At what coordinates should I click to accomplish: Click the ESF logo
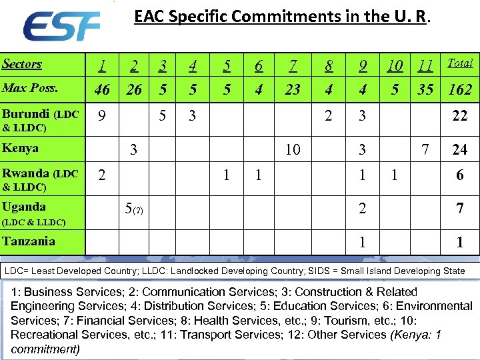point(61,27)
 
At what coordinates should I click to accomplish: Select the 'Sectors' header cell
point(22,64)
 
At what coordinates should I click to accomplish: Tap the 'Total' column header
point(460,63)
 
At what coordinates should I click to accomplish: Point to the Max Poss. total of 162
point(460,89)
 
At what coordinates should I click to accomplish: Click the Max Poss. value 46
point(102,89)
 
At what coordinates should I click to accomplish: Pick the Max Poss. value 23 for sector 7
point(293,89)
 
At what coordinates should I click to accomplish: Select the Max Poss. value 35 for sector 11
point(425,89)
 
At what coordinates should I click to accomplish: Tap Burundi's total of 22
point(460,116)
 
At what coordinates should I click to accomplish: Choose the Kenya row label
point(20,148)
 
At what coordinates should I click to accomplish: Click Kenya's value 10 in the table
point(293,150)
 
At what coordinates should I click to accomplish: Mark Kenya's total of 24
point(460,150)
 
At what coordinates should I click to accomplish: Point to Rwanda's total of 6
point(460,175)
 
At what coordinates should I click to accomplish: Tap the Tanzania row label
point(28,241)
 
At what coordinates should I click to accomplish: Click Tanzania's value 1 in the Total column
point(460,243)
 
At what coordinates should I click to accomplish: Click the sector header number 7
point(293,65)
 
